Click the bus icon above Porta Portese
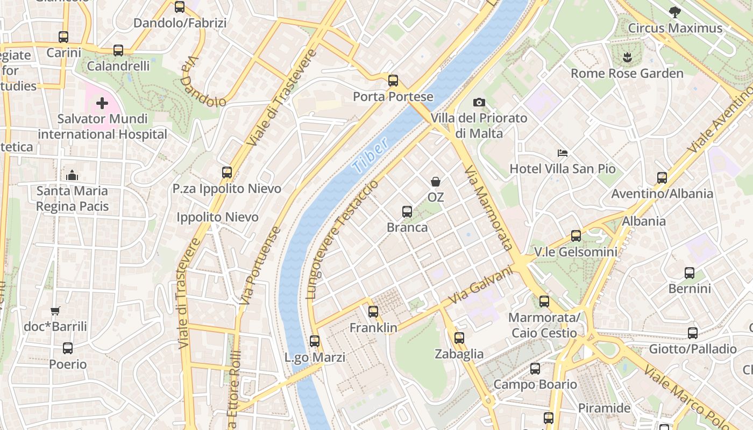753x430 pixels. (393, 81)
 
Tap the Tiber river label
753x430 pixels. (370, 157)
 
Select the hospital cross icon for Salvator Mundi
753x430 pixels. (102, 103)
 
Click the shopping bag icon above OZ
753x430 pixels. (435, 182)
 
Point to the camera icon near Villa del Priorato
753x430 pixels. (479, 102)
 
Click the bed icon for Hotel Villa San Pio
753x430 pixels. (563, 153)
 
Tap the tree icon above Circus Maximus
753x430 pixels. (674, 12)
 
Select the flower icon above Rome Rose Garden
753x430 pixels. (627, 57)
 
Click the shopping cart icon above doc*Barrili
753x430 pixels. (55, 311)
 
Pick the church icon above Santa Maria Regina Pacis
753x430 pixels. (72, 175)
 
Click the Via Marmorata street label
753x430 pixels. (487, 208)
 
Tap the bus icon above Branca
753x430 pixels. (407, 211)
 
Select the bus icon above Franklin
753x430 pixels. (373, 311)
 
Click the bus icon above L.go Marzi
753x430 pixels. (315, 341)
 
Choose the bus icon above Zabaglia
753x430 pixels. (459, 338)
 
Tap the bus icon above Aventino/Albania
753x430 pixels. (662, 177)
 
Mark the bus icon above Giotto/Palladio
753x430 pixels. (693, 333)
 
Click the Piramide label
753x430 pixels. (604, 408)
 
